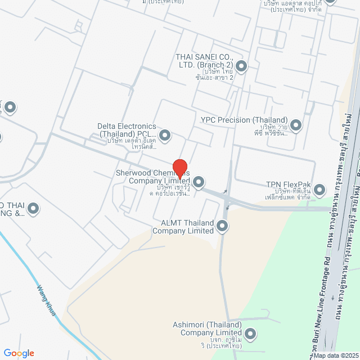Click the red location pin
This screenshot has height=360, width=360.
tap(180, 168)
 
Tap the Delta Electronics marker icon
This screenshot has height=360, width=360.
tap(165, 135)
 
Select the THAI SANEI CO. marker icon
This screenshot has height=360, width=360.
tap(241, 67)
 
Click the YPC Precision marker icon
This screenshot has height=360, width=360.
tap(296, 124)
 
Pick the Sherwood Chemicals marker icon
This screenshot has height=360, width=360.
tap(199, 182)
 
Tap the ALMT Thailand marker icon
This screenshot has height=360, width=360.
tap(222, 227)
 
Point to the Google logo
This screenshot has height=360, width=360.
tap(19, 353)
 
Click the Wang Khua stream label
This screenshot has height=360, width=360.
tap(47, 300)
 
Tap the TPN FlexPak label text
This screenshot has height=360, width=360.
tap(289, 184)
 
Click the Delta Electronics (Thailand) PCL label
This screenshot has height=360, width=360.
tap(127, 130)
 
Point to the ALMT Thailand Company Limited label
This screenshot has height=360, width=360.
tap(183, 227)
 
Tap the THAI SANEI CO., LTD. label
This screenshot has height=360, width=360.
tap(204, 61)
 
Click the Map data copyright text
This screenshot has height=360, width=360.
tap(335, 355)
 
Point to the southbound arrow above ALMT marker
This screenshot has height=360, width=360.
tap(227, 208)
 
